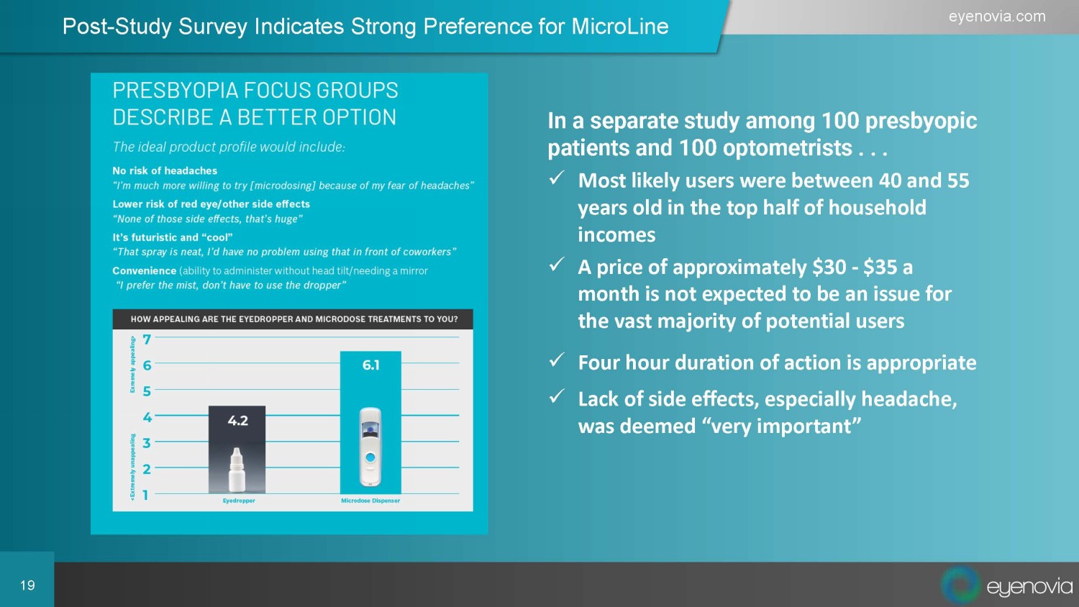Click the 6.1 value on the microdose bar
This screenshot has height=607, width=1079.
click(x=371, y=365)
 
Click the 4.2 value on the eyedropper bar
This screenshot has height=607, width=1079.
click(x=237, y=421)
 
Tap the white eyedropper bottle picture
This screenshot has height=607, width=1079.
click(x=237, y=470)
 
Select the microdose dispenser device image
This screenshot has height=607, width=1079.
click(x=370, y=447)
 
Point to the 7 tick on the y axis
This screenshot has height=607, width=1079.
click(x=147, y=339)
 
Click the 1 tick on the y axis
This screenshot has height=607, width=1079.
click(x=145, y=495)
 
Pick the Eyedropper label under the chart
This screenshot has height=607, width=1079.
click(x=239, y=501)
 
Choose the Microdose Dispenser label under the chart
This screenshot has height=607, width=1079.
click(x=370, y=501)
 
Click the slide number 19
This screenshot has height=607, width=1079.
click(x=27, y=585)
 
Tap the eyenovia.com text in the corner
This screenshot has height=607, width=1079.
click(x=997, y=17)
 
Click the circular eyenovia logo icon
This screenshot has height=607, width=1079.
click(x=960, y=585)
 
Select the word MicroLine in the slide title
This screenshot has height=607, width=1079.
click(x=620, y=26)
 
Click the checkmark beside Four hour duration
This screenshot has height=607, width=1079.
click(x=556, y=360)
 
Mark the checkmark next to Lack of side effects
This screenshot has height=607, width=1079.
click(x=556, y=396)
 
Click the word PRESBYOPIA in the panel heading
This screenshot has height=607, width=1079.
click(x=176, y=90)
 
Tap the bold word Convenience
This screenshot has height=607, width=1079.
click(x=144, y=270)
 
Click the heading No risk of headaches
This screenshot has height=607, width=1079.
click(x=165, y=170)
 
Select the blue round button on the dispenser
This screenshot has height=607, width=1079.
click(x=370, y=457)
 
